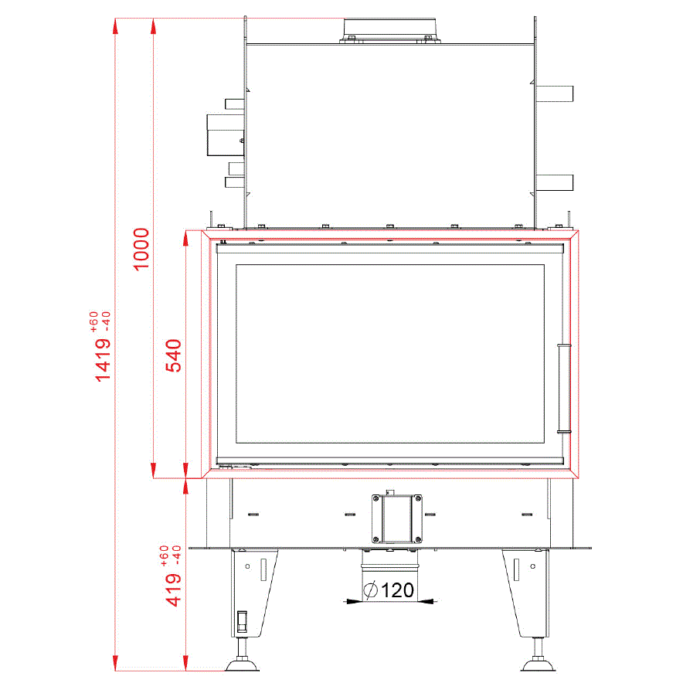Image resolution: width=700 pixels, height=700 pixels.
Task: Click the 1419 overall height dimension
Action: click(x=103, y=360)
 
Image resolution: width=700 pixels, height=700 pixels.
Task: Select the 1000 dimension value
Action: click(x=141, y=249)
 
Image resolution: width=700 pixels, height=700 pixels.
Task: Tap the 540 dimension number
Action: click(x=174, y=355)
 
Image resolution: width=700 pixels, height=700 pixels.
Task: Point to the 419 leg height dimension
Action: click(x=174, y=590)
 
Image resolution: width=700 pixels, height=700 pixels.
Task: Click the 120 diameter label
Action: click(x=398, y=590)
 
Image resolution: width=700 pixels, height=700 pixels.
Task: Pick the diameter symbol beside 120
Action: click(x=371, y=590)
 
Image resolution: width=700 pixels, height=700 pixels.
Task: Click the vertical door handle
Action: click(x=564, y=389)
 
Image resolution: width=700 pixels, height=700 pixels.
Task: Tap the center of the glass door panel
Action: click(x=390, y=354)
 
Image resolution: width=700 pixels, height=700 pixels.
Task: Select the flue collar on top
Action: click(x=389, y=31)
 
